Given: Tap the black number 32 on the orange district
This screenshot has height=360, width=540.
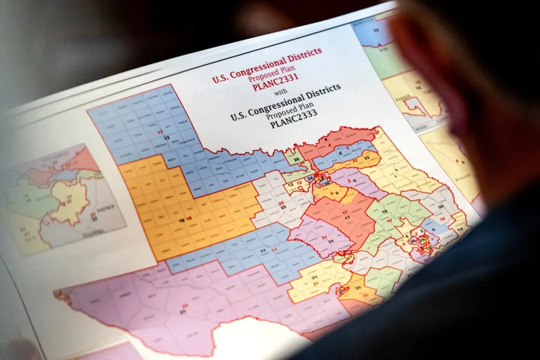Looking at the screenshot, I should (x=366, y=157).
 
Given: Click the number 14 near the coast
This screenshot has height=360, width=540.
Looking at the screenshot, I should (x=460, y=228).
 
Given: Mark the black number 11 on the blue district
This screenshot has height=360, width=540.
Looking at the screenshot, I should (x=262, y=249).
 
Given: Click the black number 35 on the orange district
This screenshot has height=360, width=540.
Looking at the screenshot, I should (x=357, y=289).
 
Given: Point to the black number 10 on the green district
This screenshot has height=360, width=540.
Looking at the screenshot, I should (x=384, y=212).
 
